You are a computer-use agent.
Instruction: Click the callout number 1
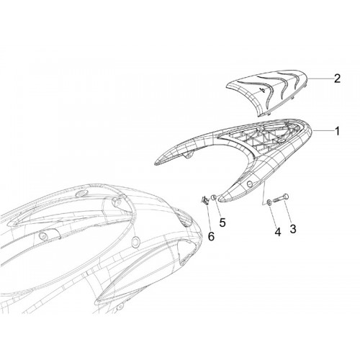337,131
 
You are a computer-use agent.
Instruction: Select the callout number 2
337,78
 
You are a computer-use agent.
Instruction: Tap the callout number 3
293,229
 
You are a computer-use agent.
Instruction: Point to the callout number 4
277,232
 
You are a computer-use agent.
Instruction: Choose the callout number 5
222,222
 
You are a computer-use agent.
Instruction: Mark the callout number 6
211,236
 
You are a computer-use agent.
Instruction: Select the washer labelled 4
269,202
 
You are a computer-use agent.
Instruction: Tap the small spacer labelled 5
214,197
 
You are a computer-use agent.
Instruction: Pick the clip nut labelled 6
204,199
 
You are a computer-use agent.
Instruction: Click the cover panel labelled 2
268,92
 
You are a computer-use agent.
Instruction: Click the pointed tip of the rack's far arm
155,164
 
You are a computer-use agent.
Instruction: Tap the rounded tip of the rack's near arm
221,198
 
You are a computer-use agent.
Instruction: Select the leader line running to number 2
320,78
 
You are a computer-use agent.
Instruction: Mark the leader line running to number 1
323,130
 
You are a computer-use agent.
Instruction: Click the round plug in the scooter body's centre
135,240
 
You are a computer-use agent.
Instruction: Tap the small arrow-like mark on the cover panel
263,90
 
